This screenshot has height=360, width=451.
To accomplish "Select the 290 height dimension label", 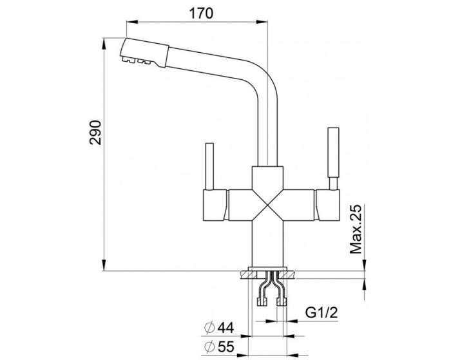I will pyautogui.click(x=95, y=131).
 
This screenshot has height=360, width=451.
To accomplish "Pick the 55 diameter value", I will pyautogui.click(x=225, y=348).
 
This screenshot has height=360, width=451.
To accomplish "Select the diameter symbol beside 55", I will pyautogui.click(x=208, y=348).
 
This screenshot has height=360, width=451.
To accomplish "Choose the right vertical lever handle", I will pyautogui.click(x=334, y=155).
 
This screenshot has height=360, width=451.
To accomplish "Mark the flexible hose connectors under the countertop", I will pyautogui.click(x=269, y=290).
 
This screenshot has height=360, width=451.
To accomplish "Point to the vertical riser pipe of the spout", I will pyautogui.click(x=268, y=129).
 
